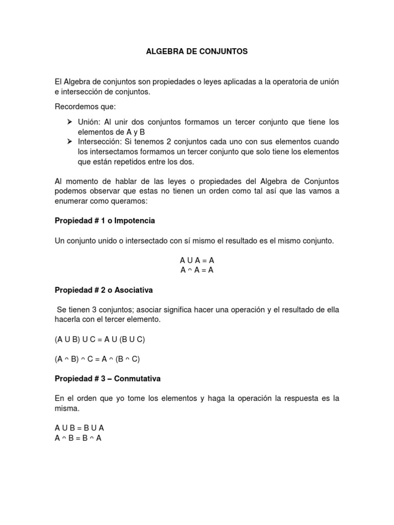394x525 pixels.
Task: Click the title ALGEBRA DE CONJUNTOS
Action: (x=197, y=52)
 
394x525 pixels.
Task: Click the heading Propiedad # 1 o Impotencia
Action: (x=105, y=221)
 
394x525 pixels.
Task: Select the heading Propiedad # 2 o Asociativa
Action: (x=104, y=290)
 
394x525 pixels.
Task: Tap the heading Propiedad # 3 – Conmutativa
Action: (x=108, y=379)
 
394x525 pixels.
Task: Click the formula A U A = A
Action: (x=197, y=261)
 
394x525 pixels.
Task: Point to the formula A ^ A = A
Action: (x=197, y=270)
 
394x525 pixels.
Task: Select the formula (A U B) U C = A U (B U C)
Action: (x=104, y=339)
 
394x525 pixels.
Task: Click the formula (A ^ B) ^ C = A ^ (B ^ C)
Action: (x=104, y=359)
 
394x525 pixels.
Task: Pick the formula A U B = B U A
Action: (x=80, y=428)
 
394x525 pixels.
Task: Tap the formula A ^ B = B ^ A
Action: (x=78, y=438)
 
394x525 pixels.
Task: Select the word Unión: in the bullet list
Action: (x=89, y=122)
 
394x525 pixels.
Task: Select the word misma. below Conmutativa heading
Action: (x=67, y=409)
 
